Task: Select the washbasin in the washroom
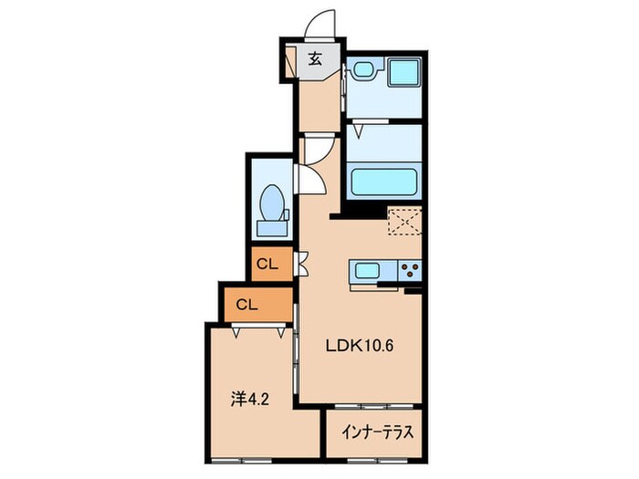pyautogui.click(x=363, y=70)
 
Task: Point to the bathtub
pyautogui.click(x=384, y=178)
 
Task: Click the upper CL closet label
pyautogui.click(x=267, y=265)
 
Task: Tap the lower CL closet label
pyautogui.click(x=246, y=305)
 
